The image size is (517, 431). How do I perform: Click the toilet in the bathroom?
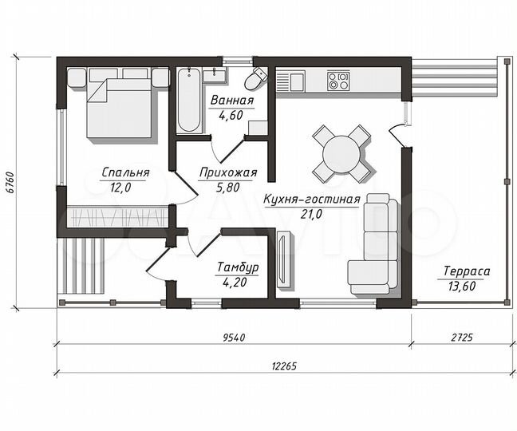(255, 78)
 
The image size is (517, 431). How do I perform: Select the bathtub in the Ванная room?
(189, 101)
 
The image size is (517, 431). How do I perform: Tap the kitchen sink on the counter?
(290, 81)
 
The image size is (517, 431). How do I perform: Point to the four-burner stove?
(338, 81)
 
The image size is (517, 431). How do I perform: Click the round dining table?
(341, 154)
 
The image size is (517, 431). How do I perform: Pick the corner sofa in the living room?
(374, 244)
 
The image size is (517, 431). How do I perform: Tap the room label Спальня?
(125, 172)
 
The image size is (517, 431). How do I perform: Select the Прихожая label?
(228, 172)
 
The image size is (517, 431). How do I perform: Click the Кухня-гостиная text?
(312, 200)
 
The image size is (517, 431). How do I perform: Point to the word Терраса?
(467, 271)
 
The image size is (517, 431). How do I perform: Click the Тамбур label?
(238, 267)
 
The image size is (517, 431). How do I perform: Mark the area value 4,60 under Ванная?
(231, 115)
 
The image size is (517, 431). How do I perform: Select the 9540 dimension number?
(234, 338)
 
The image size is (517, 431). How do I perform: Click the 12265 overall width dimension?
(285, 366)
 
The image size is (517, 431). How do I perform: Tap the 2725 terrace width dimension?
(462, 338)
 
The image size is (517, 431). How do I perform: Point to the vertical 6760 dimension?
(11, 182)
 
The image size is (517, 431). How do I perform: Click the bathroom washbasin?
(215, 75)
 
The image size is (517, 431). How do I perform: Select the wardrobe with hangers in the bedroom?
(118, 217)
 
